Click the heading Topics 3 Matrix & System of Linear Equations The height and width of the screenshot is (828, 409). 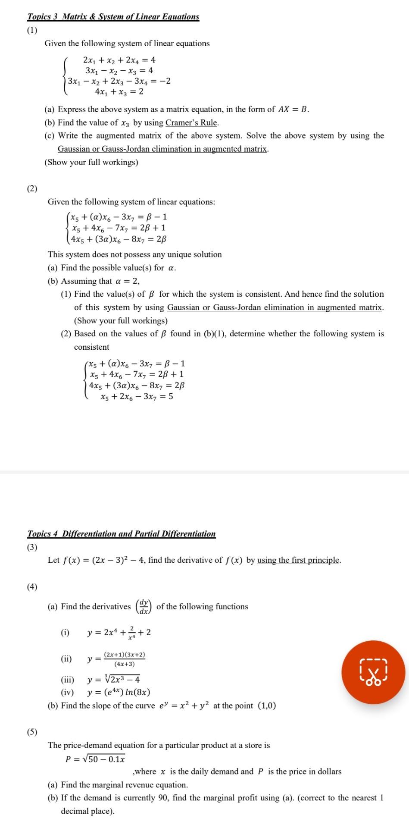coord(113,17)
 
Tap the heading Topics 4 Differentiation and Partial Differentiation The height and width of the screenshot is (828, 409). coord(121,534)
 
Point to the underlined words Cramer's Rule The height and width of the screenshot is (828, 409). coord(191,122)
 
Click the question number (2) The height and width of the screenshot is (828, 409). coord(32,188)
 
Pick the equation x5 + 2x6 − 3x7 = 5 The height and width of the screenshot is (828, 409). coord(136,396)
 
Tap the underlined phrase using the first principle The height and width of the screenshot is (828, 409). coord(298,560)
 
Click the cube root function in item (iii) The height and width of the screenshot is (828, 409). coord(113,680)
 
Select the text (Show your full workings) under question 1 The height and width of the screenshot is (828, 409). coord(91,162)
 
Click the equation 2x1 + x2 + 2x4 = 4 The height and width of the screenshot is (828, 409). coord(119,60)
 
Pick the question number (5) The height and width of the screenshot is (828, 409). coord(32,732)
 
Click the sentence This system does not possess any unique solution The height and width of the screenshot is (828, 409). coord(134,254)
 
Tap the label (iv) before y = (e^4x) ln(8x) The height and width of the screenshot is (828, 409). coord(67,693)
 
